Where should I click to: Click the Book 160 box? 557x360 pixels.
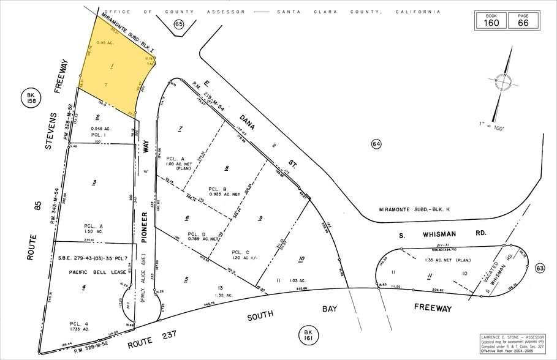[x=491, y=20]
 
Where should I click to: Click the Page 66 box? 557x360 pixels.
[x=523, y=20]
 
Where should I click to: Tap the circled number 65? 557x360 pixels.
[x=178, y=24]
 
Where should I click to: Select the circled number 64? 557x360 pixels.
[x=376, y=144]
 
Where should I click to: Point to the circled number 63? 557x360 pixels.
[x=540, y=267]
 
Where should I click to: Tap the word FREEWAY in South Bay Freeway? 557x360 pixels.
[x=433, y=308]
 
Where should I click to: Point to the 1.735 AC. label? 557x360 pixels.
[x=81, y=329]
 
